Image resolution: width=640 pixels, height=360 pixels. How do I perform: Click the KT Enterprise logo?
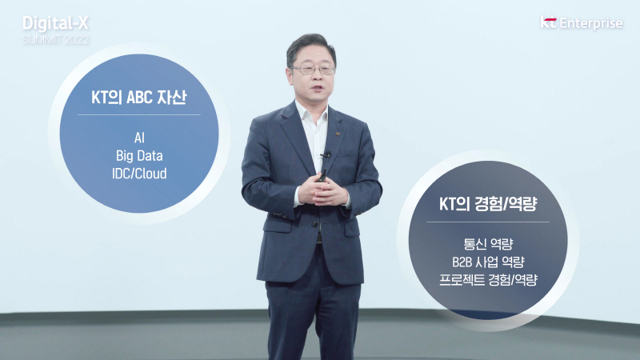pyautogui.click(x=582, y=23)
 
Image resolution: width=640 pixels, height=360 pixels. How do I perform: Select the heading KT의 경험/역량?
pyautogui.click(x=488, y=205)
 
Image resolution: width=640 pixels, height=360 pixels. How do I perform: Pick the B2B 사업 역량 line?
pyautogui.click(x=488, y=262)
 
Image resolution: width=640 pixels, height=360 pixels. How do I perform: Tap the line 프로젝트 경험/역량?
pyautogui.click(x=488, y=280)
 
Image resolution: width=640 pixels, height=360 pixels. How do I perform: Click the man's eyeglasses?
pyautogui.click(x=313, y=70)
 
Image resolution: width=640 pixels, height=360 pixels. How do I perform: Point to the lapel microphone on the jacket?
pyautogui.click(x=325, y=155)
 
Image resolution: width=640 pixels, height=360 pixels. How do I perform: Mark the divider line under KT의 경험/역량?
pyautogui.click(x=488, y=222)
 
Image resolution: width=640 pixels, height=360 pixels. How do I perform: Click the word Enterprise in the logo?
pyautogui.click(x=592, y=23)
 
